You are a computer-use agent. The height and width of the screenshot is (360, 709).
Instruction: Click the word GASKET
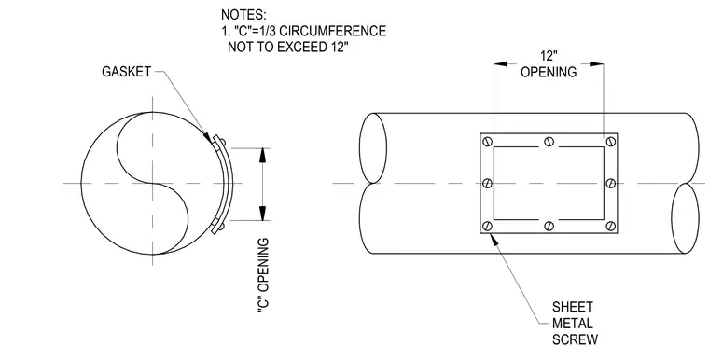click(126, 72)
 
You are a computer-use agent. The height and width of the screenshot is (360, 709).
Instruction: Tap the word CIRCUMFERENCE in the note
click(333, 31)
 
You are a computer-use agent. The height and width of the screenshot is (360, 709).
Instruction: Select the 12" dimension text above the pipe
click(549, 56)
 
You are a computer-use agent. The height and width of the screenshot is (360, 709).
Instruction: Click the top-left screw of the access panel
click(487, 141)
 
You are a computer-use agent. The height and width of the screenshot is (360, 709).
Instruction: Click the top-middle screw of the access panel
click(549, 141)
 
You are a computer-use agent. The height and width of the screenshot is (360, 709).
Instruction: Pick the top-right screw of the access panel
click(611, 141)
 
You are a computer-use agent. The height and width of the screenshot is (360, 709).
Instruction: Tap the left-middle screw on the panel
click(487, 183)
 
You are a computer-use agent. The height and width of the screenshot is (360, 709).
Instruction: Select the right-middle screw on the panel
click(611, 183)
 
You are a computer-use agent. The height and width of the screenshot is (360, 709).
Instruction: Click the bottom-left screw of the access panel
click(487, 226)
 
